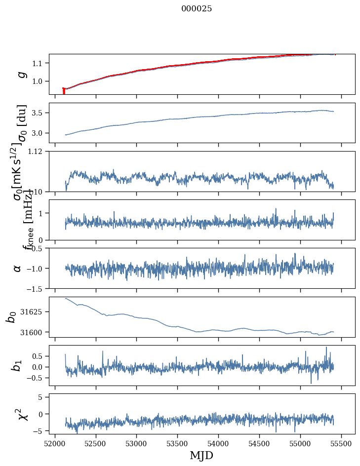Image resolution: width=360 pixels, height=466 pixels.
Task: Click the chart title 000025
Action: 197,9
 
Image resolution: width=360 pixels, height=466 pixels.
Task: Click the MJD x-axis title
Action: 202,455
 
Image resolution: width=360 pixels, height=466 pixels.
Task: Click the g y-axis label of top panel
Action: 21,74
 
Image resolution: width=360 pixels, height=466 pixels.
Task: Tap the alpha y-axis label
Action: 18,268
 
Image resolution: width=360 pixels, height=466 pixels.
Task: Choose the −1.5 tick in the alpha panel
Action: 36,288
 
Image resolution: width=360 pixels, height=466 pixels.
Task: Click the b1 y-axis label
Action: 17,365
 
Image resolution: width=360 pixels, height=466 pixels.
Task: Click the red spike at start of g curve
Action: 64,91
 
